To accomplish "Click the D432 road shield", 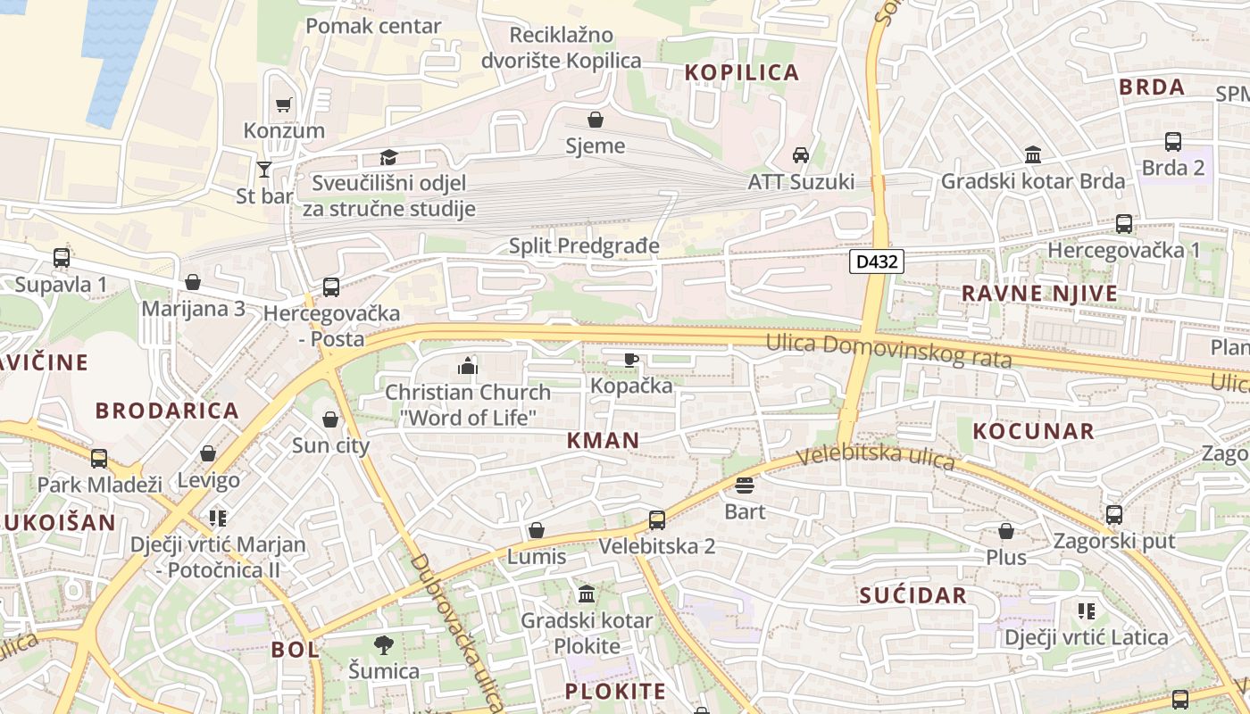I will click(x=877, y=262).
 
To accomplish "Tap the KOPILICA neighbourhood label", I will click(x=741, y=73).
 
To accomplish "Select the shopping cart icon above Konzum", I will click(x=284, y=104).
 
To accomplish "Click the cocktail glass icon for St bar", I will click(x=264, y=169).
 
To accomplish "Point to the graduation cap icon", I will click(x=388, y=157).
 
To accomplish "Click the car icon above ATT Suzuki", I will click(x=801, y=154).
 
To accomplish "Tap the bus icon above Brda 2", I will click(x=1173, y=141).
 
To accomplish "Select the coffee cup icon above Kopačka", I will click(x=631, y=360).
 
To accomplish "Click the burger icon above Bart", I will click(x=745, y=485).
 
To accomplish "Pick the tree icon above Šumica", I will click(x=384, y=644).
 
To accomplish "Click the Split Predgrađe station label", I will click(x=584, y=245).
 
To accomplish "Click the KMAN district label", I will click(x=603, y=440).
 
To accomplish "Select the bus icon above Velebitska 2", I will click(x=657, y=519).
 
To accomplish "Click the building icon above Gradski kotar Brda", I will click(x=1033, y=154).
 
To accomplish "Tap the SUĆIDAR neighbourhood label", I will click(x=912, y=595).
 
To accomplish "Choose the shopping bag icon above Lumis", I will click(x=537, y=530).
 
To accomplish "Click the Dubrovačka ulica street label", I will click(x=457, y=629).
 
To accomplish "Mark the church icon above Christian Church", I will click(x=467, y=365).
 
